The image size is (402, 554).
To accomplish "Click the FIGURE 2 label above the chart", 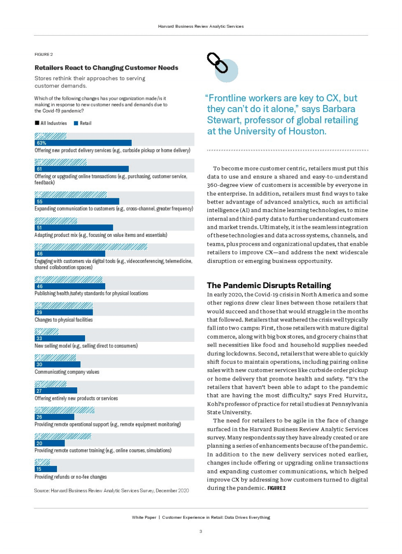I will pyautogui.click(x=44, y=54).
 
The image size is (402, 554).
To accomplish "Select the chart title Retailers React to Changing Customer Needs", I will pyautogui.click(x=106, y=68).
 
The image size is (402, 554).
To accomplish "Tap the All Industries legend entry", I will pyautogui.click(x=51, y=123).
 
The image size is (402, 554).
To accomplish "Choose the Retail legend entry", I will pyautogui.click(x=83, y=123).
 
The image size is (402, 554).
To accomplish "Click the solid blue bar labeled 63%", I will pyautogui.click(x=83, y=143).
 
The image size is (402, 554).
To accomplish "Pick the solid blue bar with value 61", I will pyautogui.click(x=81, y=169).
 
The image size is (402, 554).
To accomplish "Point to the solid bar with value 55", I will pyautogui.click(x=77, y=202).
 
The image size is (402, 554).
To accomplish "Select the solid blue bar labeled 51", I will pyautogui.click(x=74, y=228).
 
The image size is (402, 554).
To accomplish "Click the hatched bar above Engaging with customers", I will pyautogui.click(x=91, y=247).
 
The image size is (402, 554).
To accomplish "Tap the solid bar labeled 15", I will pyautogui.click(x=46, y=469).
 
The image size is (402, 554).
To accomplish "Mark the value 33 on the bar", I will pyautogui.click(x=39, y=339).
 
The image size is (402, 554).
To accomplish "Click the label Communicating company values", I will pyautogui.click(x=67, y=372).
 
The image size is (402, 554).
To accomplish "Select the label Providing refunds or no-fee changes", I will pyautogui.click(x=70, y=477).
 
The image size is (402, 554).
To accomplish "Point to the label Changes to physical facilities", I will pyautogui.click(x=64, y=320).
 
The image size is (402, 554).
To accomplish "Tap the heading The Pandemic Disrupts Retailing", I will pyautogui.click(x=269, y=286).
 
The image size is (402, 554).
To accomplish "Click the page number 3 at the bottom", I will pyautogui.click(x=201, y=531).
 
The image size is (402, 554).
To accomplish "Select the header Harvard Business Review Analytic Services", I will pyautogui.click(x=201, y=26).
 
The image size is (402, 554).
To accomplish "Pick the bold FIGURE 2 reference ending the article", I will pyautogui.click(x=277, y=488).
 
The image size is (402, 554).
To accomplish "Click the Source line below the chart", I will pyautogui.click(x=112, y=491).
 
